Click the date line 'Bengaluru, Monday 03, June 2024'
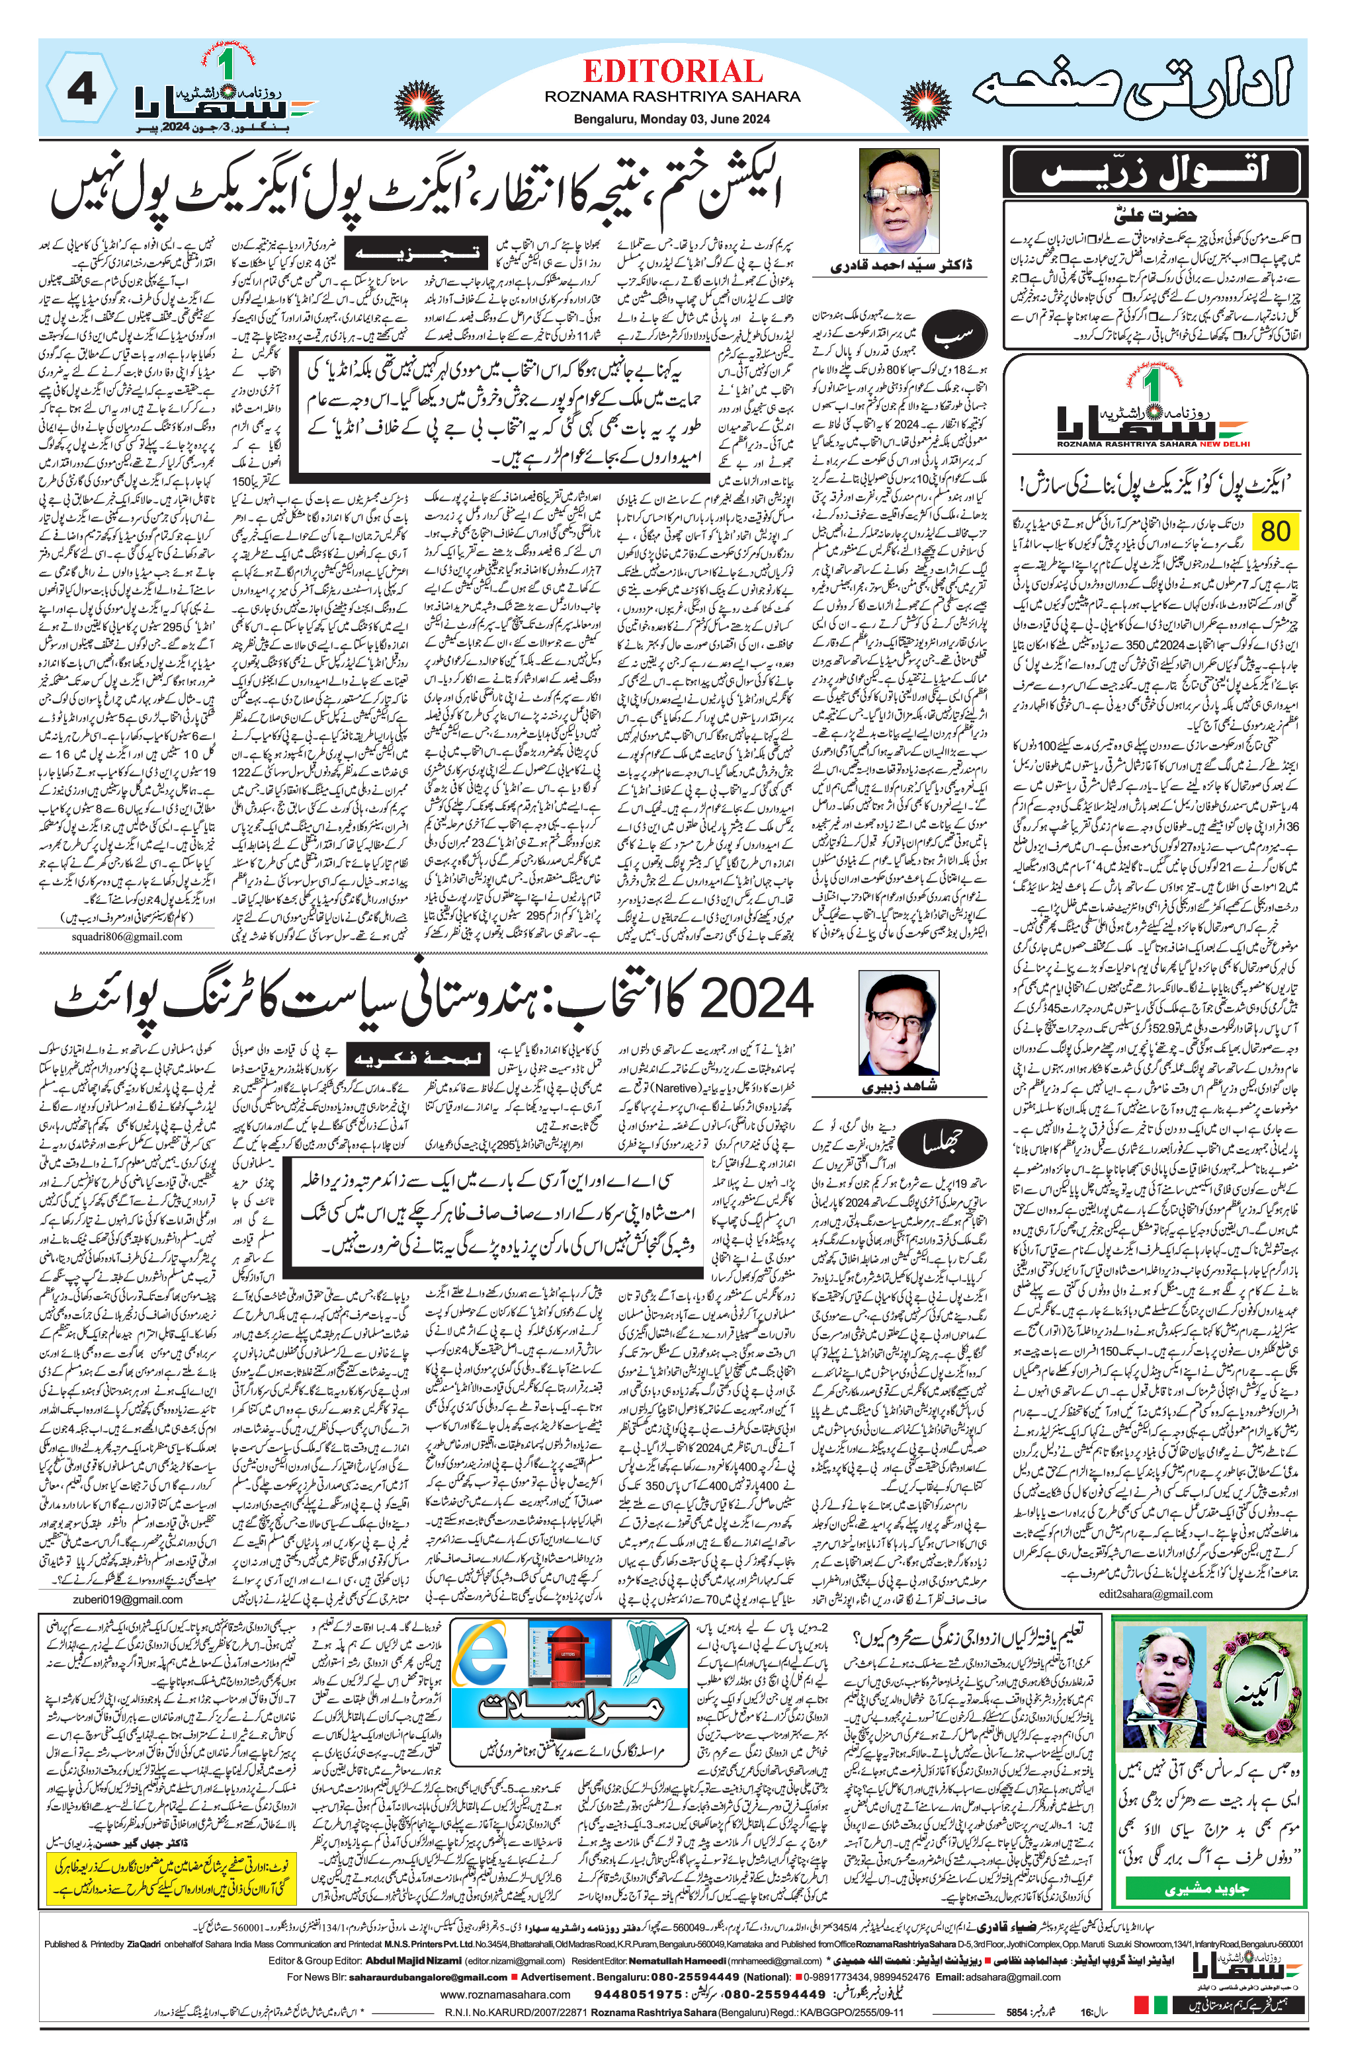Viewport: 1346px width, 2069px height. coord(672,119)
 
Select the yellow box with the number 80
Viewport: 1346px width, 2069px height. coord(1275,531)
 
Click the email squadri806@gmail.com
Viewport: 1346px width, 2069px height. coord(126,936)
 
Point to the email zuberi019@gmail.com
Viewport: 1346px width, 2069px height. coord(127,1599)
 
